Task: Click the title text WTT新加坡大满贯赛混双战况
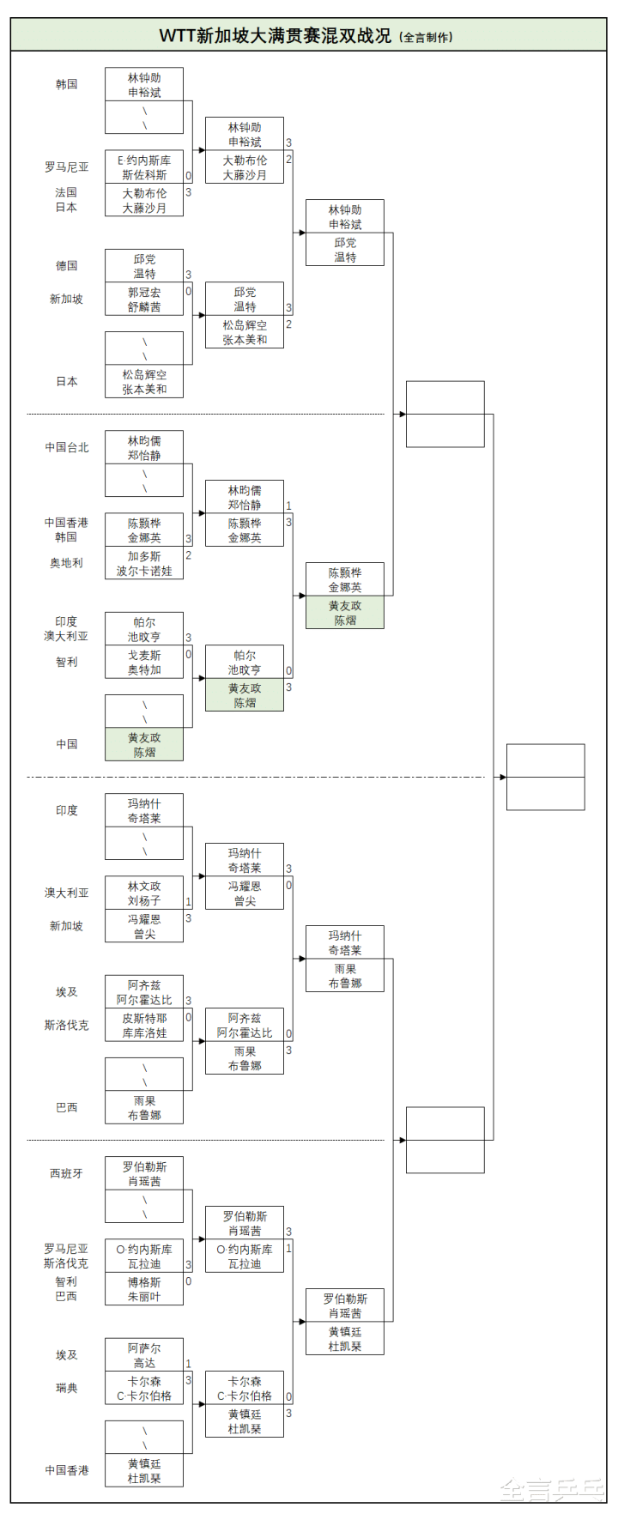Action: tap(275, 35)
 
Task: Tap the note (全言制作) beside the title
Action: tap(427, 37)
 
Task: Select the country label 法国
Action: tap(66, 193)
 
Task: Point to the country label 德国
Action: tap(66, 266)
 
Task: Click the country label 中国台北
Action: tap(66, 447)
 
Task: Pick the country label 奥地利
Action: tap(66, 563)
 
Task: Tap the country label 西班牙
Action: tap(66, 1173)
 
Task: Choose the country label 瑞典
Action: tap(66, 1388)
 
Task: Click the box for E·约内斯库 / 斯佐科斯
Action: tap(144, 167)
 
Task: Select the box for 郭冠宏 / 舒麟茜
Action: tap(144, 300)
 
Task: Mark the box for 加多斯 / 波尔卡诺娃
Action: tap(144, 563)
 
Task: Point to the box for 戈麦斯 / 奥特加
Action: tap(144, 663)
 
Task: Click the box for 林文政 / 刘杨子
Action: tap(144, 893)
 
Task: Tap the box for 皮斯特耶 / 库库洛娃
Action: tap(144, 1026)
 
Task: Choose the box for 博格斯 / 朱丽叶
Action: tap(144, 1289)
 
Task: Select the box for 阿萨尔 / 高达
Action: tap(144, 1355)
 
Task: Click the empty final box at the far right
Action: tap(545, 777)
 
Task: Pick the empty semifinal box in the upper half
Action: tap(445, 415)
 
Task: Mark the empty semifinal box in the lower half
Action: tap(445, 1140)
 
